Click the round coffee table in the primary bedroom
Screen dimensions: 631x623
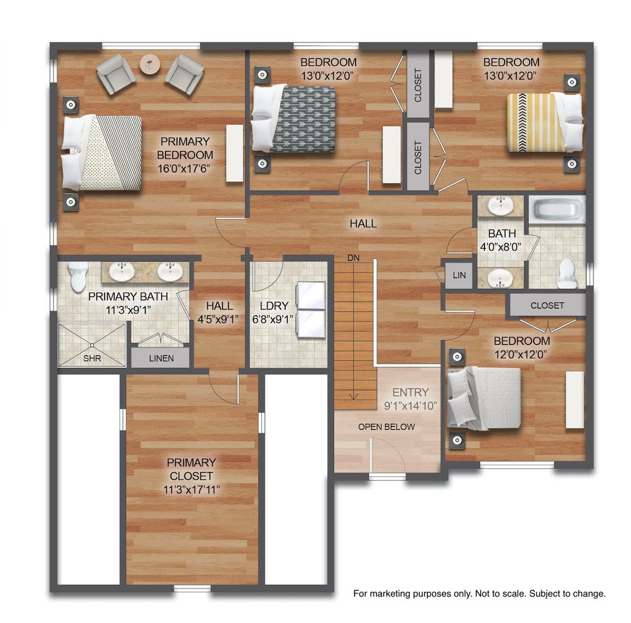point(150,64)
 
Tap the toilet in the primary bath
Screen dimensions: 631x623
point(78,277)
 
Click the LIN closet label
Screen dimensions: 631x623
point(459,275)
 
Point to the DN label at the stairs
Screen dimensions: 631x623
point(353,258)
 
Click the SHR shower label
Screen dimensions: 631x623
point(92,358)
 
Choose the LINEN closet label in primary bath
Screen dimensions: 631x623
point(161,358)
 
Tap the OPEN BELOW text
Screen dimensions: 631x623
point(386,427)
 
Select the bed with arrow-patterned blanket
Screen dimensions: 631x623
point(293,119)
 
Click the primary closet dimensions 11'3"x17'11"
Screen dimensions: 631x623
point(192,490)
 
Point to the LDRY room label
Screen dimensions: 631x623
point(274,306)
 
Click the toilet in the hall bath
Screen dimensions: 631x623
point(567,273)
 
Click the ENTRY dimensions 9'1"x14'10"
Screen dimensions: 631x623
point(410,405)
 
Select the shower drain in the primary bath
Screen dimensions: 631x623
point(92,345)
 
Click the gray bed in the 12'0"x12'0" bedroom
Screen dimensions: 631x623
point(484,397)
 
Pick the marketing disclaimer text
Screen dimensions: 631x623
point(479,593)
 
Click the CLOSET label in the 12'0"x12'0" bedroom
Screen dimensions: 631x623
point(547,306)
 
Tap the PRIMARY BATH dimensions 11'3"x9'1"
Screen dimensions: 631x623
point(128,311)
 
